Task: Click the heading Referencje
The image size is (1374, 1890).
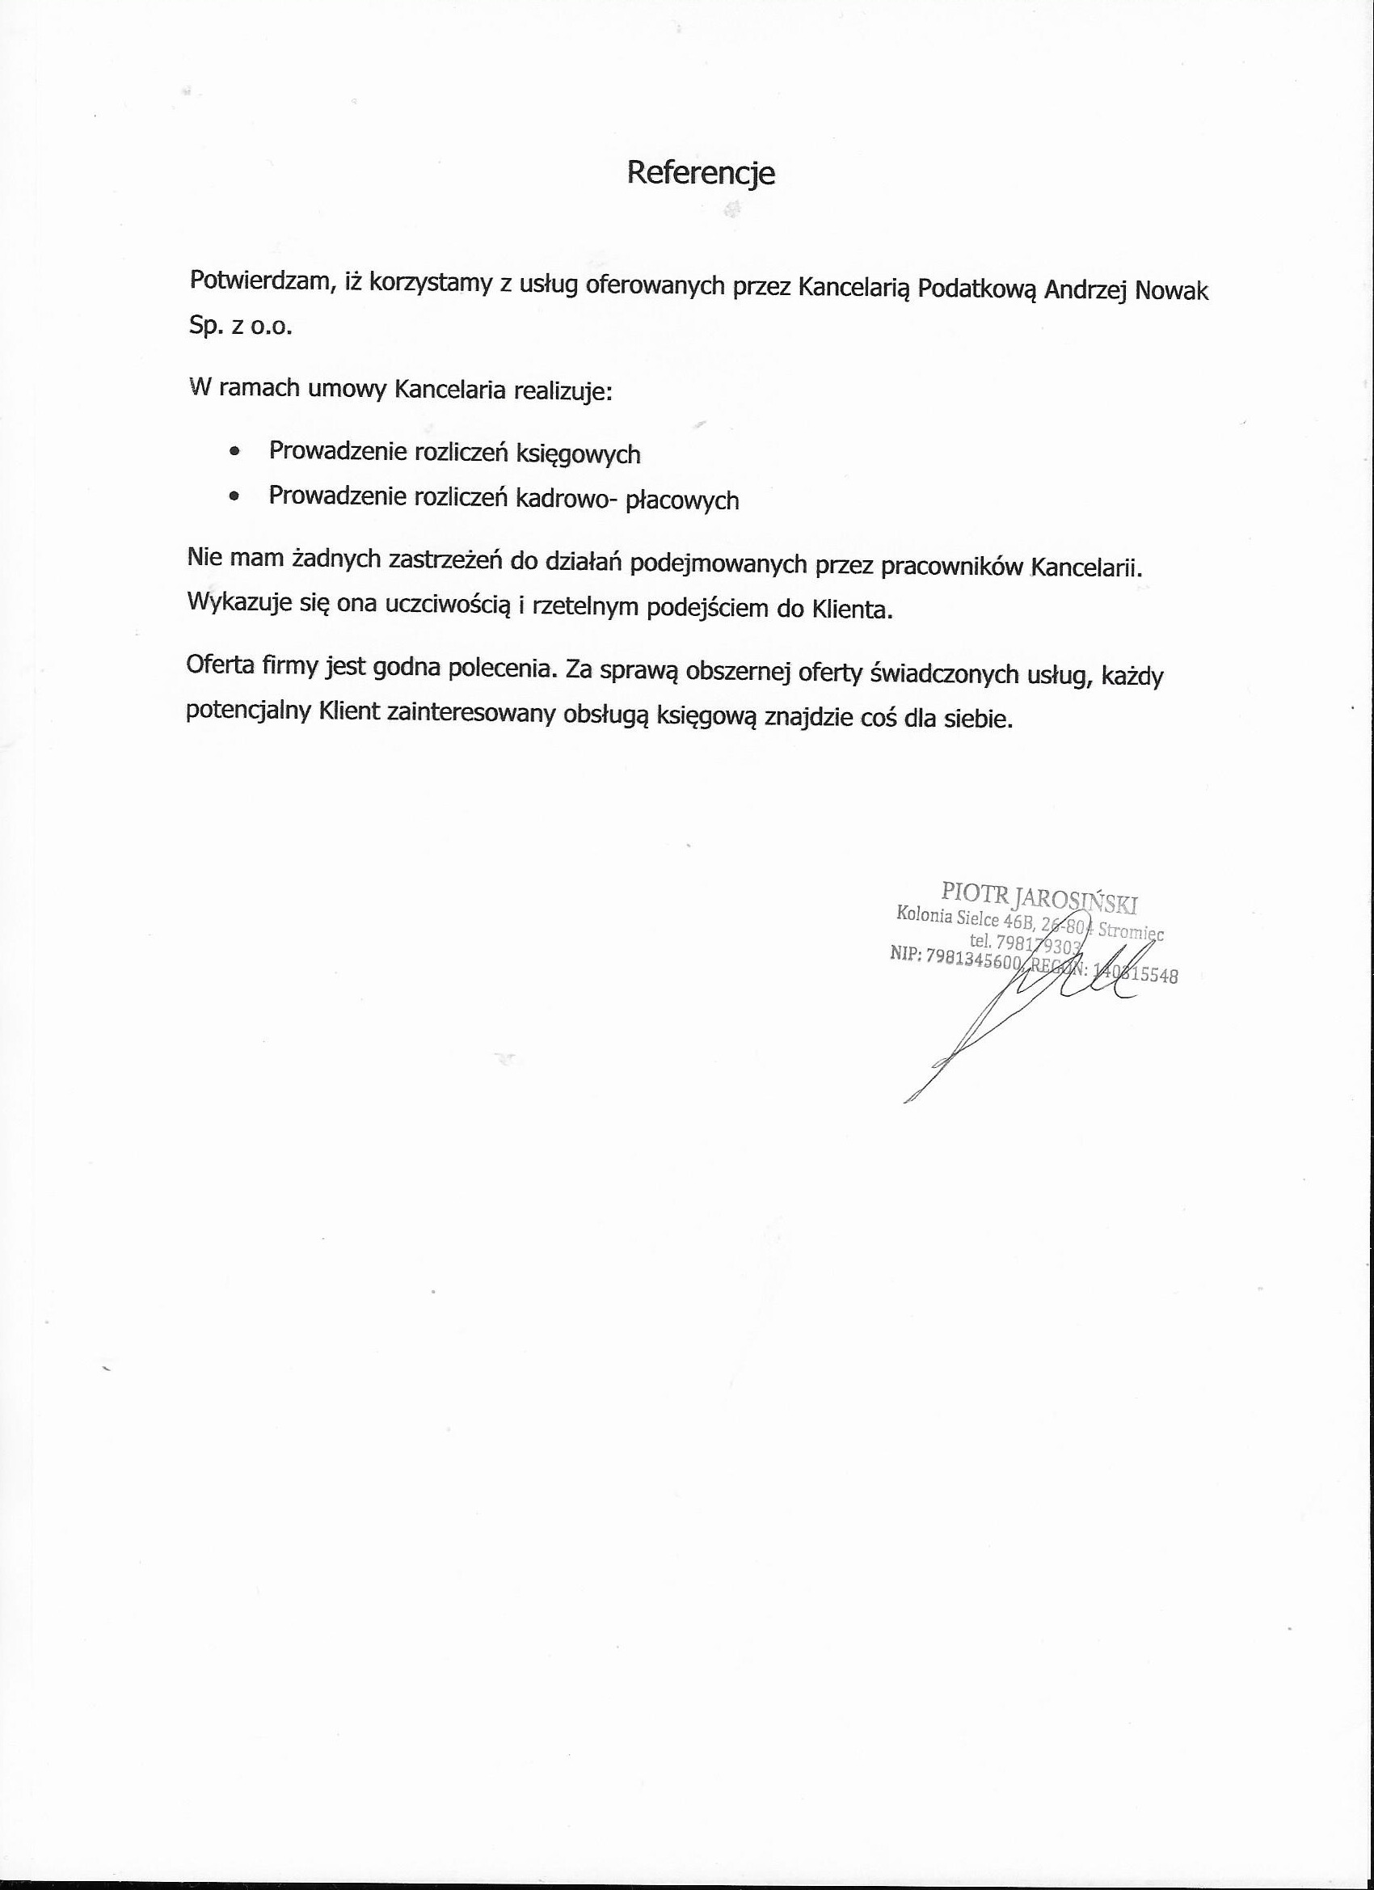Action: [x=701, y=173]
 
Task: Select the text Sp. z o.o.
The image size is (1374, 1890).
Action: [x=241, y=326]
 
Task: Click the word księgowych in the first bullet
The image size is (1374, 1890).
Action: [x=578, y=454]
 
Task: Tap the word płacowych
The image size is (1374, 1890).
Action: [x=681, y=500]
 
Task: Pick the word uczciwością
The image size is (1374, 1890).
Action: [x=447, y=605]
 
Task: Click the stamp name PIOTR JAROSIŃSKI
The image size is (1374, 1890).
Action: [x=1039, y=896]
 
